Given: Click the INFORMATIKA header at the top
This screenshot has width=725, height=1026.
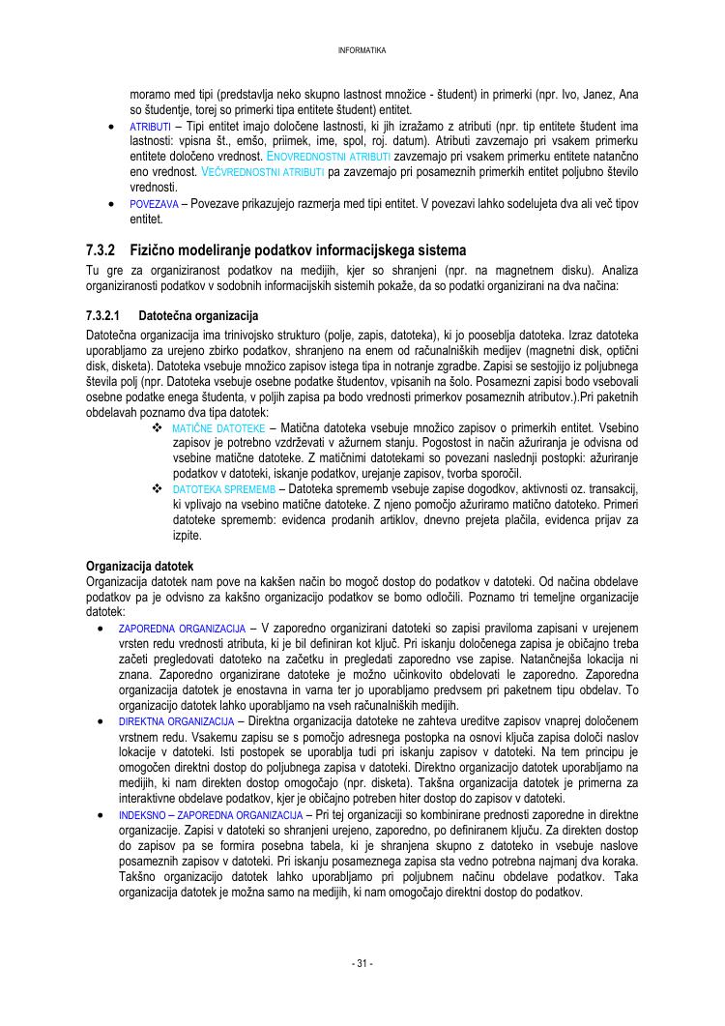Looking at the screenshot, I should [362, 50].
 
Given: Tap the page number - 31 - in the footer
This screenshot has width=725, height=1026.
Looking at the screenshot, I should [362, 963].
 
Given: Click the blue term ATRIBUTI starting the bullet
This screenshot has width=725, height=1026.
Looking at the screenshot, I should [151, 127].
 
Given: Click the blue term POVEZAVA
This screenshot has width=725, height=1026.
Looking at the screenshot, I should [154, 204].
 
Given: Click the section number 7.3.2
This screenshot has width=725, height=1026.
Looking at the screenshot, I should [101, 249].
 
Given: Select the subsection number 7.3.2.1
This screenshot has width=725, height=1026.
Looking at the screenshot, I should [102, 316].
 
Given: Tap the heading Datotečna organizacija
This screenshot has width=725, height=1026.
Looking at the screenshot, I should [198, 316].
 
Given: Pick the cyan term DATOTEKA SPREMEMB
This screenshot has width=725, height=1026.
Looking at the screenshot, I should [223, 490].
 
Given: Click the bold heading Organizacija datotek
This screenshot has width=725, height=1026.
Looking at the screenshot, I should [140, 566].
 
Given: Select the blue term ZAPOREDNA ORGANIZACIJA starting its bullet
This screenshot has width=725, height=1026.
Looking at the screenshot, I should [181, 630].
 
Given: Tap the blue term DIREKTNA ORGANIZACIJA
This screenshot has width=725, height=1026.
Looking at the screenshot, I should [176, 721].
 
